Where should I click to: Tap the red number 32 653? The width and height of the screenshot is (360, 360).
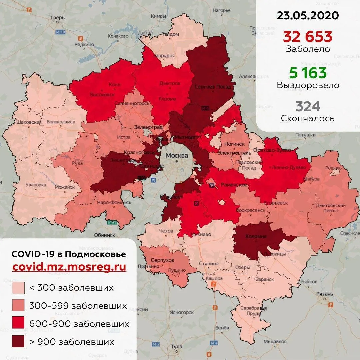308,36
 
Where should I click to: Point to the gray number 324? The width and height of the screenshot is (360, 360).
308,107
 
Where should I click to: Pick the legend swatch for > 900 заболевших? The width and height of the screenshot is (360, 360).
18,342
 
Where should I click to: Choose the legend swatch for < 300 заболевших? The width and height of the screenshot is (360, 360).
18,288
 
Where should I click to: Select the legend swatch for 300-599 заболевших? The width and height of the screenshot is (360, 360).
18,306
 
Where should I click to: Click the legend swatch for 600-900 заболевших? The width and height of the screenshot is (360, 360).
18,324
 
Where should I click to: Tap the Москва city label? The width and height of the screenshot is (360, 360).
177,156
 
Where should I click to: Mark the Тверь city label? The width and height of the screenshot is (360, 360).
57,18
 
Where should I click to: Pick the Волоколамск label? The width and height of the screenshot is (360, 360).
61,122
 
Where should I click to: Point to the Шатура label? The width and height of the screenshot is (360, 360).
311,179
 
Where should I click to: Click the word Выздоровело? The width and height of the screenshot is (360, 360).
308,85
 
